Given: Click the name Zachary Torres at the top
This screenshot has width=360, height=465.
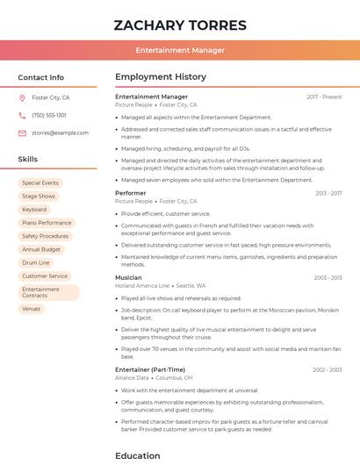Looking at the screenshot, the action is [x=180, y=25].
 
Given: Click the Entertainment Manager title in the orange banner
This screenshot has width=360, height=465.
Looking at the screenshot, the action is [x=180, y=50].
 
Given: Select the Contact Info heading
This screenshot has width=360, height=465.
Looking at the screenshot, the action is [x=41, y=77].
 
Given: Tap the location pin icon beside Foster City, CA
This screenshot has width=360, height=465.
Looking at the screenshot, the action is [x=23, y=98].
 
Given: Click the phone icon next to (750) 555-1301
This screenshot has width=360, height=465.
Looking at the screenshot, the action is [x=23, y=115].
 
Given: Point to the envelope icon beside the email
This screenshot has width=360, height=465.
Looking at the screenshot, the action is [x=23, y=132].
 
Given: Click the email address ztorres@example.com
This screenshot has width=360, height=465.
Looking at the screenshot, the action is [x=60, y=132].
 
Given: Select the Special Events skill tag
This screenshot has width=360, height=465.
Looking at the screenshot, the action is [x=40, y=182].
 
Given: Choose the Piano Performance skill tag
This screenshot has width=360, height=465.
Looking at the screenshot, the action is [x=47, y=223].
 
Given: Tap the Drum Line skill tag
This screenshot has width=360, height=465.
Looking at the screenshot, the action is [x=36, y=262].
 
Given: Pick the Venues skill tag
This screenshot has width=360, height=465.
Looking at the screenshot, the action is [x=31, y=309].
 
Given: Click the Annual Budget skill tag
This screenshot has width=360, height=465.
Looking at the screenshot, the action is [x=41, y=249].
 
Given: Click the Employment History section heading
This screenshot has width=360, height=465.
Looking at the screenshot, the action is [x=161, y=77].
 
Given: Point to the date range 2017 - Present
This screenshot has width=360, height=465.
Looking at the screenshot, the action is [x=324, y=97].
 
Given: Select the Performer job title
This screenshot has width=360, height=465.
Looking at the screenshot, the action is [x=131, y=193].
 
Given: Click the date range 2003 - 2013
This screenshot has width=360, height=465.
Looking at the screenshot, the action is [x=328, y=277].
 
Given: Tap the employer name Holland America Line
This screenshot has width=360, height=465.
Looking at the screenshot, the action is [x=142, y=285].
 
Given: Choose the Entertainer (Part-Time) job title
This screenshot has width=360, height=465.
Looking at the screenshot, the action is [x=150, y=369].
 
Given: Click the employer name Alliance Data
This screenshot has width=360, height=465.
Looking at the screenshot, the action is [x=132, y=377].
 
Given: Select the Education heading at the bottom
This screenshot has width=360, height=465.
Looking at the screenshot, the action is [x=138, y=455].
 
